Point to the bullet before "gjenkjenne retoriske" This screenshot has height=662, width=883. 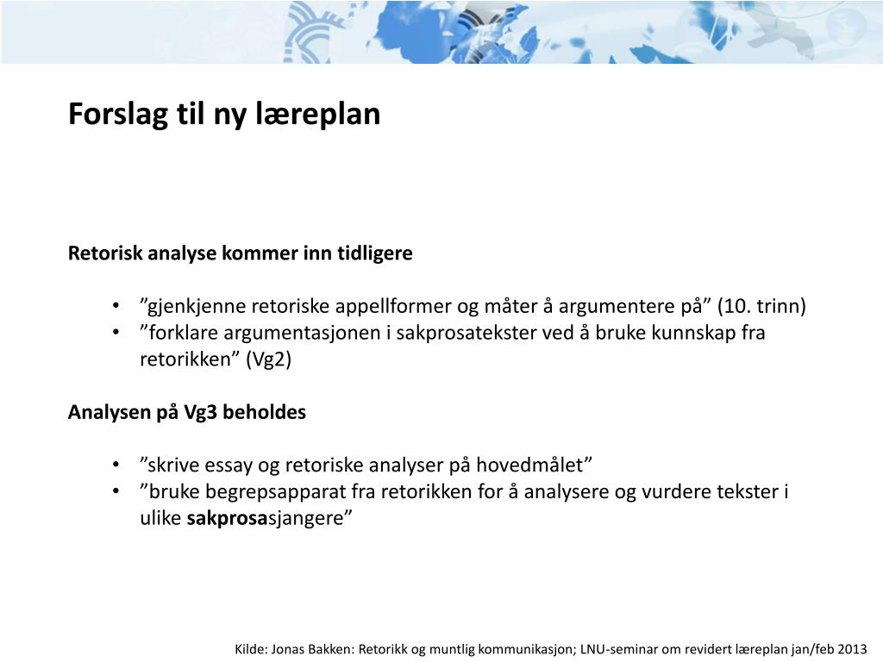(116, 307)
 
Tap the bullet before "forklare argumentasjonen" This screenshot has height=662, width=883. (116, 333)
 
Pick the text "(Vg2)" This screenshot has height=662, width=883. (269, 359)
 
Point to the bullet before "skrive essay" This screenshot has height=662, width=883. (116, 465)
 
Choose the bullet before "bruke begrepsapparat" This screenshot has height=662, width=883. (116, 492)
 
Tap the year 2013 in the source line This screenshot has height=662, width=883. (851, 649)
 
